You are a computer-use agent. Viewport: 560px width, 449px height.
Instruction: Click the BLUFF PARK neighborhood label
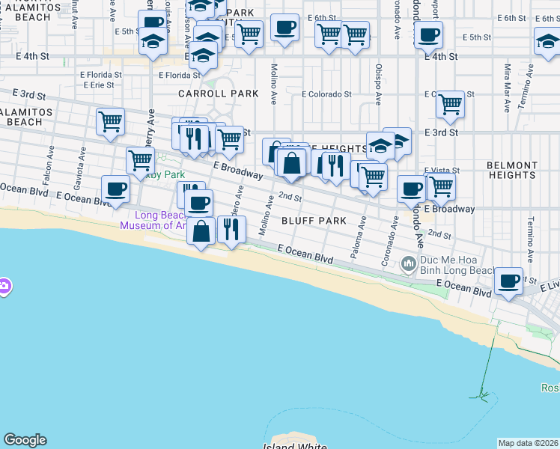pos(314,221)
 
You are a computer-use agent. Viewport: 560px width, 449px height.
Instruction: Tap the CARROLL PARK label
pos(218,94)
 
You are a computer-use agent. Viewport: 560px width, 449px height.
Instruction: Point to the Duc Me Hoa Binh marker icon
pos(408,263)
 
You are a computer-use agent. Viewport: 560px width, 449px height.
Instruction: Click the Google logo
pos(25,440)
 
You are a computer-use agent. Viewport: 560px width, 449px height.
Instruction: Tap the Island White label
pos(294,447)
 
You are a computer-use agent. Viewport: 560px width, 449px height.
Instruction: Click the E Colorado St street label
pos(326,94)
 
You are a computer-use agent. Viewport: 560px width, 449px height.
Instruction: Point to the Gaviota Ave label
pos(77,168)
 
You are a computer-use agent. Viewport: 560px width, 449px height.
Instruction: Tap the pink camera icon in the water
pos(4,287)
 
